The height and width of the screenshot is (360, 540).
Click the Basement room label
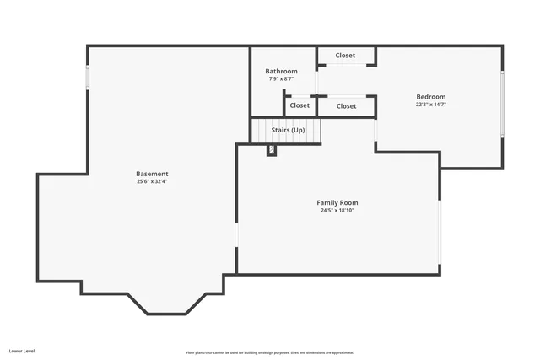tap(152, 174)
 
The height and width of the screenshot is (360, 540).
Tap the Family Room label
tap(337, 202)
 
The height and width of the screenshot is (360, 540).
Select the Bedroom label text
tap(430, 97)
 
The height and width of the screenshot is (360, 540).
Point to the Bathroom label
tap(281, 72)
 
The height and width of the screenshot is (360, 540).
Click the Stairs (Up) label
tap(288, 130)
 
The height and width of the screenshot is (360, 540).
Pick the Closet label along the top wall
tap(345, 56)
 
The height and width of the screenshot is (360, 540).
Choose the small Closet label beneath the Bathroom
tap(300, 105)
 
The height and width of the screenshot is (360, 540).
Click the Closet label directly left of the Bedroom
tap(346, 106)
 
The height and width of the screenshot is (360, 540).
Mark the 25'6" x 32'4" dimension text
tap(152, 182)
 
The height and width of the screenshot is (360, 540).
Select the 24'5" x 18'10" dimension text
tap(337, 211)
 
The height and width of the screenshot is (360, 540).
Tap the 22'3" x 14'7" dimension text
tap(430, 105)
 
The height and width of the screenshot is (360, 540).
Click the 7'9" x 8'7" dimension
tap(281, 79)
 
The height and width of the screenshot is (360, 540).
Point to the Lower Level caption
tap(22, 349)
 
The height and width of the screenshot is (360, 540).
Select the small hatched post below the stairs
tap(271, 150)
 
